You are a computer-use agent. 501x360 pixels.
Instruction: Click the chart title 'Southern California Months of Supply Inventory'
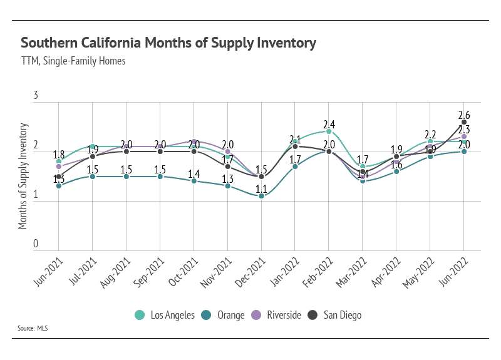[x=168, y=43]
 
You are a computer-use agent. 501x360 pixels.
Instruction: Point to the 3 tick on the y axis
[x=36, y=96]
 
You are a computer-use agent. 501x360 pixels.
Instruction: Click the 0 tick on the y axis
[x=36, y=244]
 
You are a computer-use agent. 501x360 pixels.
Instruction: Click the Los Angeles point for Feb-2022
[x=329, y=131]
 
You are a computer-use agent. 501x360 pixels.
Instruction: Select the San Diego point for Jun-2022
[x=464, y=122]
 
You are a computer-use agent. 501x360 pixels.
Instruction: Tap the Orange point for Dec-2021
[x=261, y=196]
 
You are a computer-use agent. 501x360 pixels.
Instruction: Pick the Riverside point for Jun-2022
[x=464, y=136]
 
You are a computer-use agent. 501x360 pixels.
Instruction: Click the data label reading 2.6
[x=464, y=114]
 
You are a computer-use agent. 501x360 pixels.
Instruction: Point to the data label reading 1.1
[x=261, y=187]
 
